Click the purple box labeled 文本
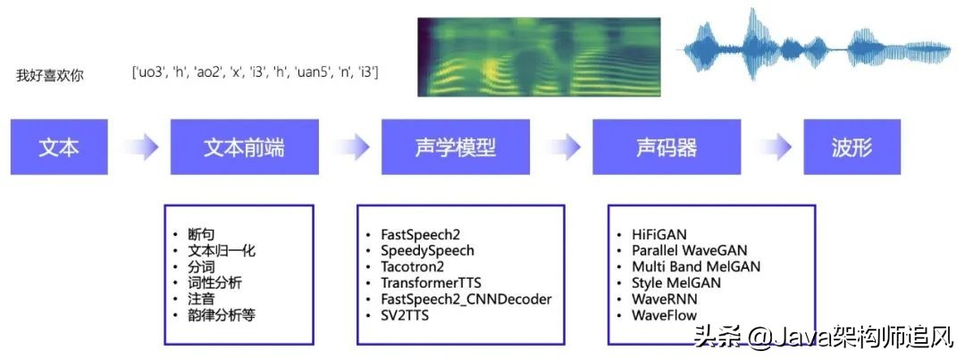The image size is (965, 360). [59, 147]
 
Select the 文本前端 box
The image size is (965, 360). [244, 147]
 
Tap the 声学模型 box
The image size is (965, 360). [455, 147]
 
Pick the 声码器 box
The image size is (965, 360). [666, 147]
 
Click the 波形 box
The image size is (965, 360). [852, 147]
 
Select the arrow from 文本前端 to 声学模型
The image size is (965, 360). [350, 147]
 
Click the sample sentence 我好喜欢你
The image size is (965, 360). [50, 76]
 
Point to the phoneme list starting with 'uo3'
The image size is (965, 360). [255, 71]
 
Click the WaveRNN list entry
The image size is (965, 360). [664, 298]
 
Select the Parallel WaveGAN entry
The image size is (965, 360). [689, 250]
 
